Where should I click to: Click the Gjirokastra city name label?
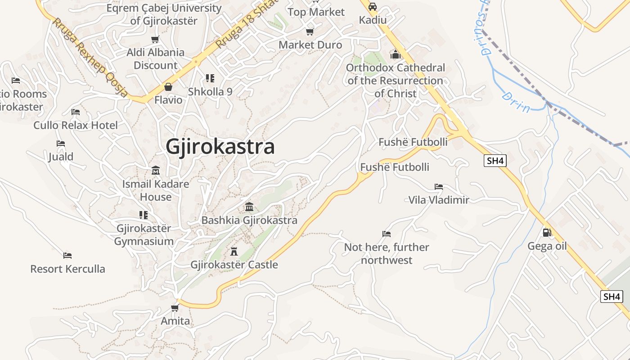pos(220,147)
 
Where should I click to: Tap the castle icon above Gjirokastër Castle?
pos(234,251)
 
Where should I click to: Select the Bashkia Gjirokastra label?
pos(249,220)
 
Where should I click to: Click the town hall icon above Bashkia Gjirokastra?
pos(249,207)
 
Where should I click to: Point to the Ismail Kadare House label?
pos(156,190)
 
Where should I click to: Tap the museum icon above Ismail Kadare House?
pos(156,171)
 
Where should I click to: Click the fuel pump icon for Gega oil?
pos(547,233)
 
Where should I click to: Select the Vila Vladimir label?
pos(438,200)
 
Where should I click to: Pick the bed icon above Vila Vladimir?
pos(439,186)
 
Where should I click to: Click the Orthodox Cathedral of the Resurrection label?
pos(396,81)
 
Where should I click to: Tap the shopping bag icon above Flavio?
pos(168,86)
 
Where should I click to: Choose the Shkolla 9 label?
pos(210,92)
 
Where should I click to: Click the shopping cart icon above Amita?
pos(175,308)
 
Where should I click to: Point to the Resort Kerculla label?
pos(67,269)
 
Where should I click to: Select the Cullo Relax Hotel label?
pos(76,125)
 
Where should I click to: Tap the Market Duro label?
pos(310,45)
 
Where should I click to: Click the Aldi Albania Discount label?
pos(155,58)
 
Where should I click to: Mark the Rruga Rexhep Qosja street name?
pos(90,57)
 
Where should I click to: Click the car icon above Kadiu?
pos(373,7)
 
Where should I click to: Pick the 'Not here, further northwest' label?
pos(387,253)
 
